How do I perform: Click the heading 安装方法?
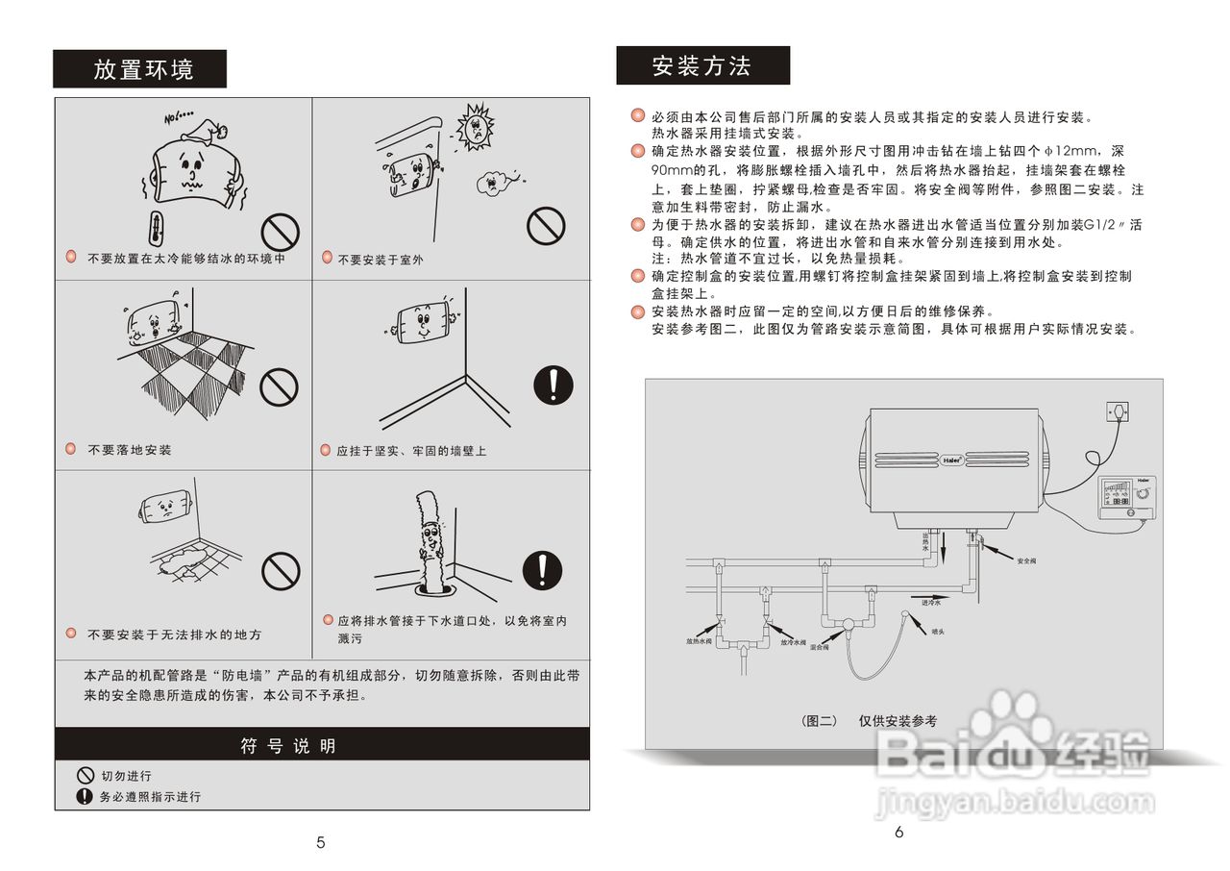(x=702, y=65)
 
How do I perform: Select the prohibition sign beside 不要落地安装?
(x=281, y=386)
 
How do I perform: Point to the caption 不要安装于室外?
(x=380, y=260)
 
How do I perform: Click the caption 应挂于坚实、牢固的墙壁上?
(x=411, y=451)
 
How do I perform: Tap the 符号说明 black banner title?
(x=288, y=746)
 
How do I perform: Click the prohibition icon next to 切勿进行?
(x=85, y=776)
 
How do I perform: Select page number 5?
(x=321, y=843)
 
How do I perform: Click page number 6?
(x=899, y=833)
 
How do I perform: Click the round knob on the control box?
(x=1143, y=491)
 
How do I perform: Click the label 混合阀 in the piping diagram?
(x=820, y=648)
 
